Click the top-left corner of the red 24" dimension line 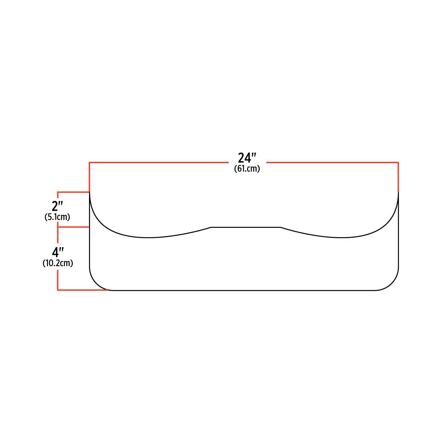tap(90, 162)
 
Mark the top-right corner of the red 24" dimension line tap(398, 162)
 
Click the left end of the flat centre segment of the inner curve tap(211, 227)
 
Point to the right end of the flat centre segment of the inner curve tap(281, 227)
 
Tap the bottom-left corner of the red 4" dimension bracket tap(58, 290)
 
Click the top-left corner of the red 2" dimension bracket tap(58, 192)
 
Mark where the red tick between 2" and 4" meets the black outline tap(90, 227)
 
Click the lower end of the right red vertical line tap(398, 191)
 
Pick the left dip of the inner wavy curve tap(148, 238)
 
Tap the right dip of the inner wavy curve tap(340, 238)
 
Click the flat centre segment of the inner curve tap(246, 227)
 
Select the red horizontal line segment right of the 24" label tap(332, 162)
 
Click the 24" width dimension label tap(247, 158)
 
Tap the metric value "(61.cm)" tap(247, 169)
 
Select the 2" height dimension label tap(57, 206)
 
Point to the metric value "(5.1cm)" tap(57, 217)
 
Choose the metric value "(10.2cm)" tap(58, 263)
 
